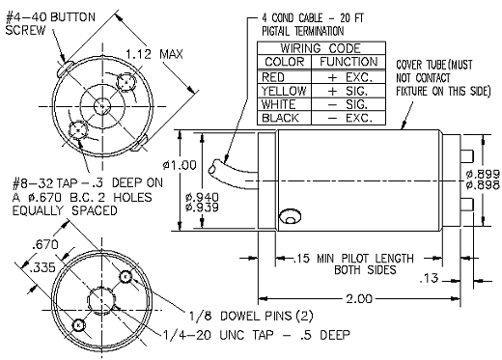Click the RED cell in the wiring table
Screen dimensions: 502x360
[x=285, y=77]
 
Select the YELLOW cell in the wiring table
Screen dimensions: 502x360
[x=285, y=91]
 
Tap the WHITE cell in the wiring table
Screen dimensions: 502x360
[x=285, y=104]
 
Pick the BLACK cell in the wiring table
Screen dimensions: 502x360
[x=285, y=118]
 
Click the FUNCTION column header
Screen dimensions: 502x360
[x=349, y=62]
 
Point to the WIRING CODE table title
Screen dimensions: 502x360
[x=321, y=48]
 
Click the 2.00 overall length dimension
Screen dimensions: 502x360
[x=359, y=299]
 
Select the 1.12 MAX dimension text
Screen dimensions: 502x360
[x=154, y=54]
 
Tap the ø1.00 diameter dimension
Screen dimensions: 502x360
[x=180, y=165]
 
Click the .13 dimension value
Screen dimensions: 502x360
[x=430, y=279]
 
